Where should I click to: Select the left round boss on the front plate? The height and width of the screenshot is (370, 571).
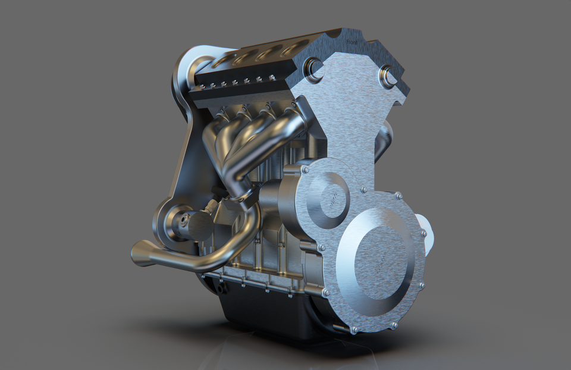[314, 70]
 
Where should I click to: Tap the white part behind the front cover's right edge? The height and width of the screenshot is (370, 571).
[428, 234]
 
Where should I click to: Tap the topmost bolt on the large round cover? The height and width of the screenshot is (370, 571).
[397, 195]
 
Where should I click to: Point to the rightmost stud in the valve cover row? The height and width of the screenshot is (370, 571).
[272, 77]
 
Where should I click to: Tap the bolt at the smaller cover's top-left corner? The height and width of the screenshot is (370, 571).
[305, 170]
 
